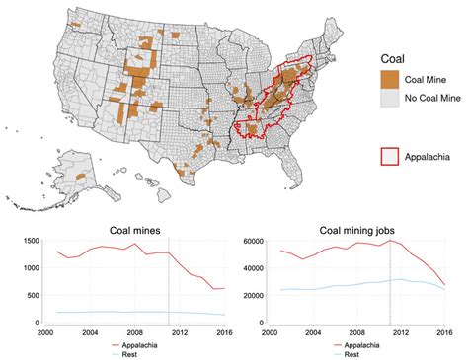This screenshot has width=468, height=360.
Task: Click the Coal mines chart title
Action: click(x=135, y=232)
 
